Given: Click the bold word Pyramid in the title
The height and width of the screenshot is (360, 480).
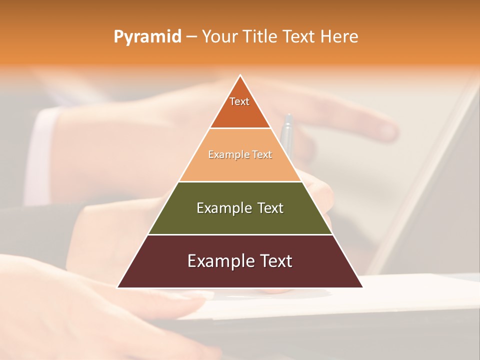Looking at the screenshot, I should tap(147, 37).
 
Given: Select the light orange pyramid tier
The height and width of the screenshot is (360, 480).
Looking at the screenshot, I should tap(240, 167).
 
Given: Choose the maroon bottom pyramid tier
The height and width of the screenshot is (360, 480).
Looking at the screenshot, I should tap(240, 272).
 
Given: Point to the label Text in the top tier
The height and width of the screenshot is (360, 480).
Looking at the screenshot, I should tap(239, 101).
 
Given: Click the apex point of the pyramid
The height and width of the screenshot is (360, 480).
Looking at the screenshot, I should tap(240, 75).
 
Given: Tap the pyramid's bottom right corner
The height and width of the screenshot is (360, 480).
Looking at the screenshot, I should tap(362, 287).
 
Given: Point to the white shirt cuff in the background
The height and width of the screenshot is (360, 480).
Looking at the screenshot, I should tap(42, 150).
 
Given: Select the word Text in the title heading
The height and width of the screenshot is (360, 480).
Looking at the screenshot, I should tap(298, 37).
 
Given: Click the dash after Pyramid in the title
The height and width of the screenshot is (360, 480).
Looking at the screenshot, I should tap(191, 37).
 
